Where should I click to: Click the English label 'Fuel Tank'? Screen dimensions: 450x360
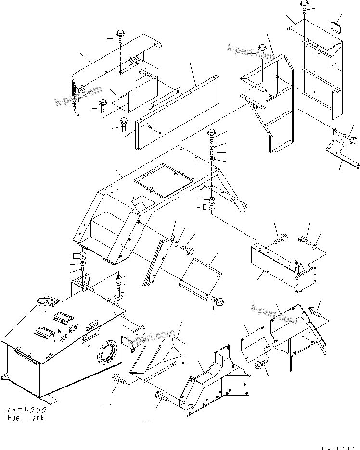click(26, 418)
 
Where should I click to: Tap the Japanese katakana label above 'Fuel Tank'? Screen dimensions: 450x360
click(26, 410)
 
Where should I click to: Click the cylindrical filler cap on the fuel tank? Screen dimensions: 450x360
click(42, 304)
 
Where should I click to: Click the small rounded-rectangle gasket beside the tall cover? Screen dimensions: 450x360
click(336, 23)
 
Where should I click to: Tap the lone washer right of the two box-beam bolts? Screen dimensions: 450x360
click(315, 247)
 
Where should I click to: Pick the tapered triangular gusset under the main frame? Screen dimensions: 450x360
click(158, 262)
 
